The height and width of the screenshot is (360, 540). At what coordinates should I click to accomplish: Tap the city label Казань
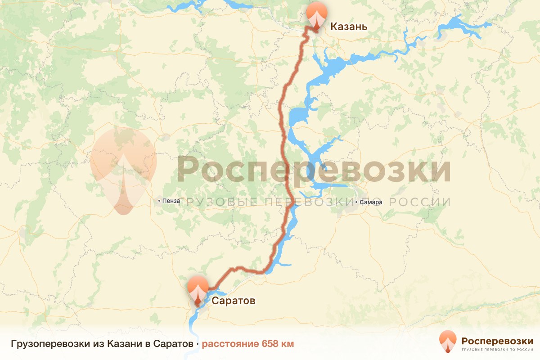point(349,27)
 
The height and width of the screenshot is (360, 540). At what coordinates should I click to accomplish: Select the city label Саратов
point(233,301)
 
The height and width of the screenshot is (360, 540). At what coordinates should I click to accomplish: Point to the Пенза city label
point(172,201)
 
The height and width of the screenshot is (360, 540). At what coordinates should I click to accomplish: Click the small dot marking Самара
point(356,202)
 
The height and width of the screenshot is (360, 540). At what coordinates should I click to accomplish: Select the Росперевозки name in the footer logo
point(497,340)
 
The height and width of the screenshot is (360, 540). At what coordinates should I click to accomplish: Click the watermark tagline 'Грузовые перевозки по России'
point(319,202)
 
